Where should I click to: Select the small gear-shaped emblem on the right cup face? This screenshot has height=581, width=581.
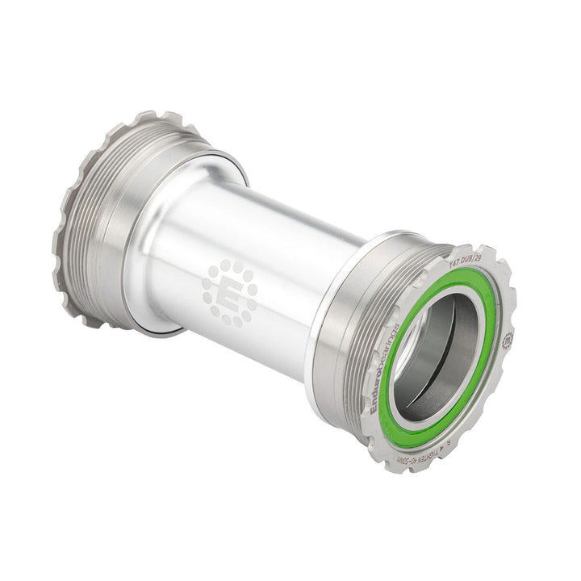pyautogui.click(x=507, y=340)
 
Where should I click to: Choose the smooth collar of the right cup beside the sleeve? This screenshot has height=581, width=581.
pyautogui.click(x=331, y=339)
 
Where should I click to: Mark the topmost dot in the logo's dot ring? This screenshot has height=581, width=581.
pyautogui.click(x=230, y=264)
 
